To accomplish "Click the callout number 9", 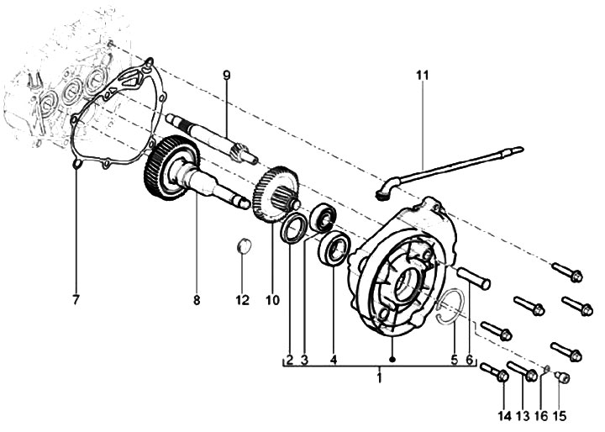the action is [227, 75].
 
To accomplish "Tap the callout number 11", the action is [423, 75].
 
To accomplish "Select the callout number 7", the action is [76, 299].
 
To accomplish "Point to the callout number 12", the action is [243, 299].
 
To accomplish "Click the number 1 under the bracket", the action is [380, 377].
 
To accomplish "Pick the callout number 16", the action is [541, 416].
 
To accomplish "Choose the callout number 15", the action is [560, 416].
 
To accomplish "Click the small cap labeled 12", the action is [244, 246].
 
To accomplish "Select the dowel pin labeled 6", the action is [473, 277].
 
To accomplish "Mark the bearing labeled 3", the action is [324, 219].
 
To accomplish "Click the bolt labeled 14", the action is [494, 372].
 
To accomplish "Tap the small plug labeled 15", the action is [562, 377].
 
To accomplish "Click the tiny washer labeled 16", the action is [547, 369].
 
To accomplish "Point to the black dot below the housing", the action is [392, 360].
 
